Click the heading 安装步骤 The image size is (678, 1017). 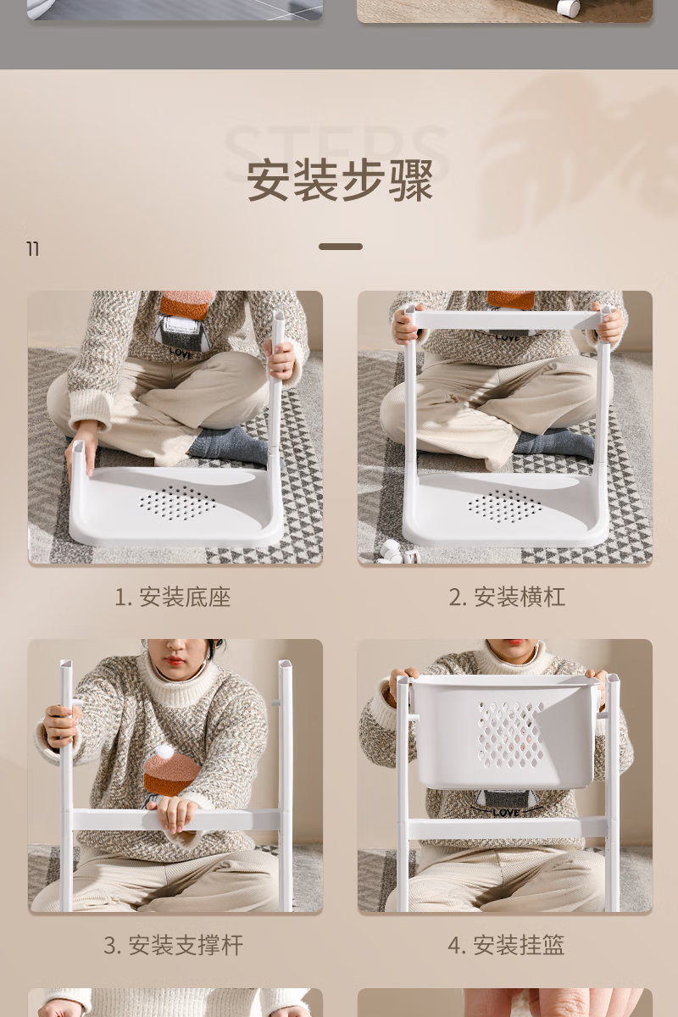(340, 181)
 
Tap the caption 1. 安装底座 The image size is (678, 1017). (173, 597)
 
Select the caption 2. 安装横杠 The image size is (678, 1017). (507, 597)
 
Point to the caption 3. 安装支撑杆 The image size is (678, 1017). (173, 945)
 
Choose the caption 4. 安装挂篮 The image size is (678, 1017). (506, 945)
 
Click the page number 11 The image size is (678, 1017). (33, 249)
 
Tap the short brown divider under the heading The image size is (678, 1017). (341, 247)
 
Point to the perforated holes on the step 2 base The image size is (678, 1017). (505, 506)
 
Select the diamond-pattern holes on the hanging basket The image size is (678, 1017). (510, 735)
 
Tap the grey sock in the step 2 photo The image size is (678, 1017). (555, 443)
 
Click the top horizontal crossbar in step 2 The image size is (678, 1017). (508, 320)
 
